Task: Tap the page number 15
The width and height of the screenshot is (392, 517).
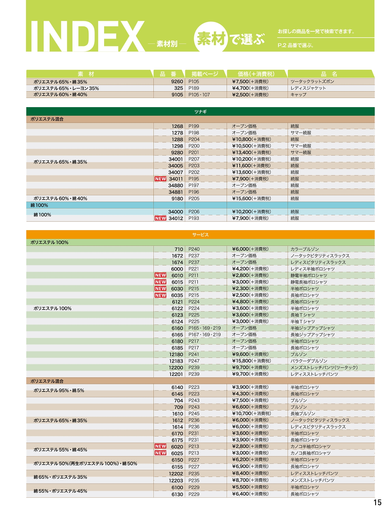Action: coord(377,502)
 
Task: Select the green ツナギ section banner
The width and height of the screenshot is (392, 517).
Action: coord(200,112)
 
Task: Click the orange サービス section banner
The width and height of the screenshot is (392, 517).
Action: coord(200,235)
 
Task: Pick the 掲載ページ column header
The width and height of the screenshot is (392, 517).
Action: coord(205,74)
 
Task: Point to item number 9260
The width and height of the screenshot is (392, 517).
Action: coord(177,82)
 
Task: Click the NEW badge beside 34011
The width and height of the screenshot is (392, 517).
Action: coord(160,179)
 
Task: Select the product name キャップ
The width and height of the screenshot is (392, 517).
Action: coord(298,95)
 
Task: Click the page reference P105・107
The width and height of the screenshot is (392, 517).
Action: coord(199,95)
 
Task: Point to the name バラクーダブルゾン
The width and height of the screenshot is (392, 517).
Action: coord(309,361)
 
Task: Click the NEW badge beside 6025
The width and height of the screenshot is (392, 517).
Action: coord(160,453)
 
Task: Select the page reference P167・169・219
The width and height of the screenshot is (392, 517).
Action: coord(205,335)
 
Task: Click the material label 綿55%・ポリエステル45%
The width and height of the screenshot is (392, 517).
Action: coord(60,491)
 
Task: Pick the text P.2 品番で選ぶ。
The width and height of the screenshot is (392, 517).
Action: coord(296,45)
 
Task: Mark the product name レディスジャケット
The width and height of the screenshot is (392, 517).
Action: coord(308,88)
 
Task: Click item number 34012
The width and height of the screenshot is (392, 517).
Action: coord(176,218)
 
